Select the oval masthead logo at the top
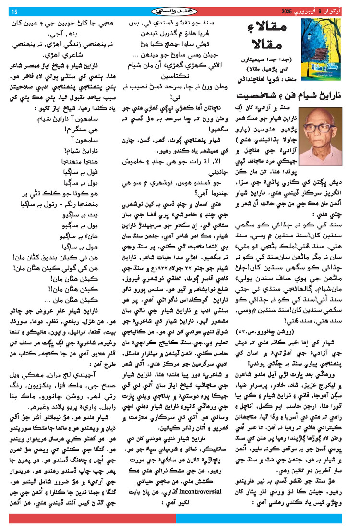pyautogui.click(x=180, y=11)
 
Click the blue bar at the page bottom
pyautogui.click(x=264, y=519)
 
